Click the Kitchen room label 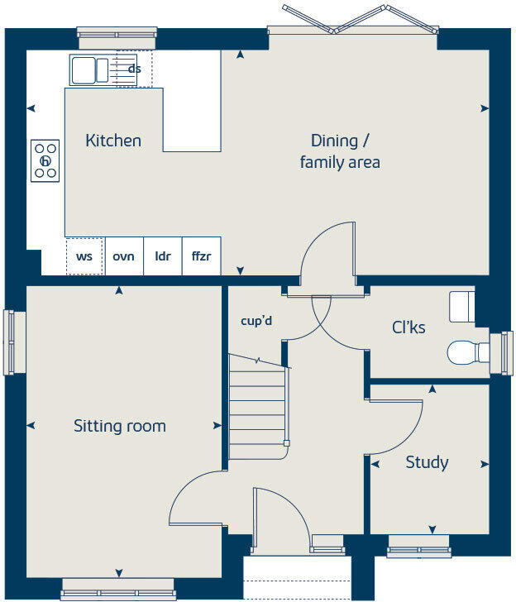113,141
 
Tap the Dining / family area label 340,150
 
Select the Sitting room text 120,427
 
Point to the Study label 427,462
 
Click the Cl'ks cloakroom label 408,328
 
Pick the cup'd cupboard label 256,320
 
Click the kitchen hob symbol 45,160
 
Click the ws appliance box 84,256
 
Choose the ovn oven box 124,256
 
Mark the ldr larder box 163,256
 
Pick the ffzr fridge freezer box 201,256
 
